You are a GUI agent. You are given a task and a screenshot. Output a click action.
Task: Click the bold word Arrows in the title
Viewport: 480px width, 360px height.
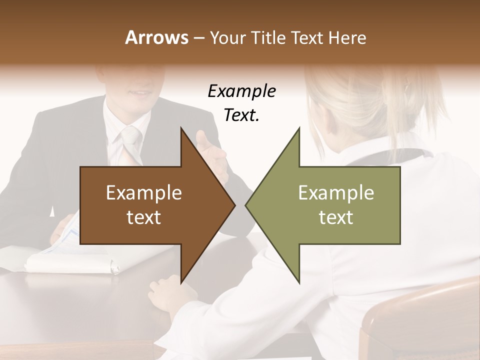156,37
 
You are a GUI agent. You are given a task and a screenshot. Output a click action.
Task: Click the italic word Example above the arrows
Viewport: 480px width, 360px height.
241,91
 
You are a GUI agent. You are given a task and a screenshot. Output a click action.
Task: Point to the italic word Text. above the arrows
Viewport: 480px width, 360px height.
241,115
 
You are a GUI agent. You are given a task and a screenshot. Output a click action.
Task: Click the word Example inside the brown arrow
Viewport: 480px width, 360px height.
143,193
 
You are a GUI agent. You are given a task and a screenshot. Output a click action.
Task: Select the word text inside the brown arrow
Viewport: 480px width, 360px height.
143,217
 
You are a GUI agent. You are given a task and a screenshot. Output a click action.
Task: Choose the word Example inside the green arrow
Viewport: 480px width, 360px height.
336,193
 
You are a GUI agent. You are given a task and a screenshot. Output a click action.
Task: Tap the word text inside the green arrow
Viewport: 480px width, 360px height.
336,217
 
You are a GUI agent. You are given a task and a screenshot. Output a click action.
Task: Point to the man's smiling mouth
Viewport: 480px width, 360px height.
135,93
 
